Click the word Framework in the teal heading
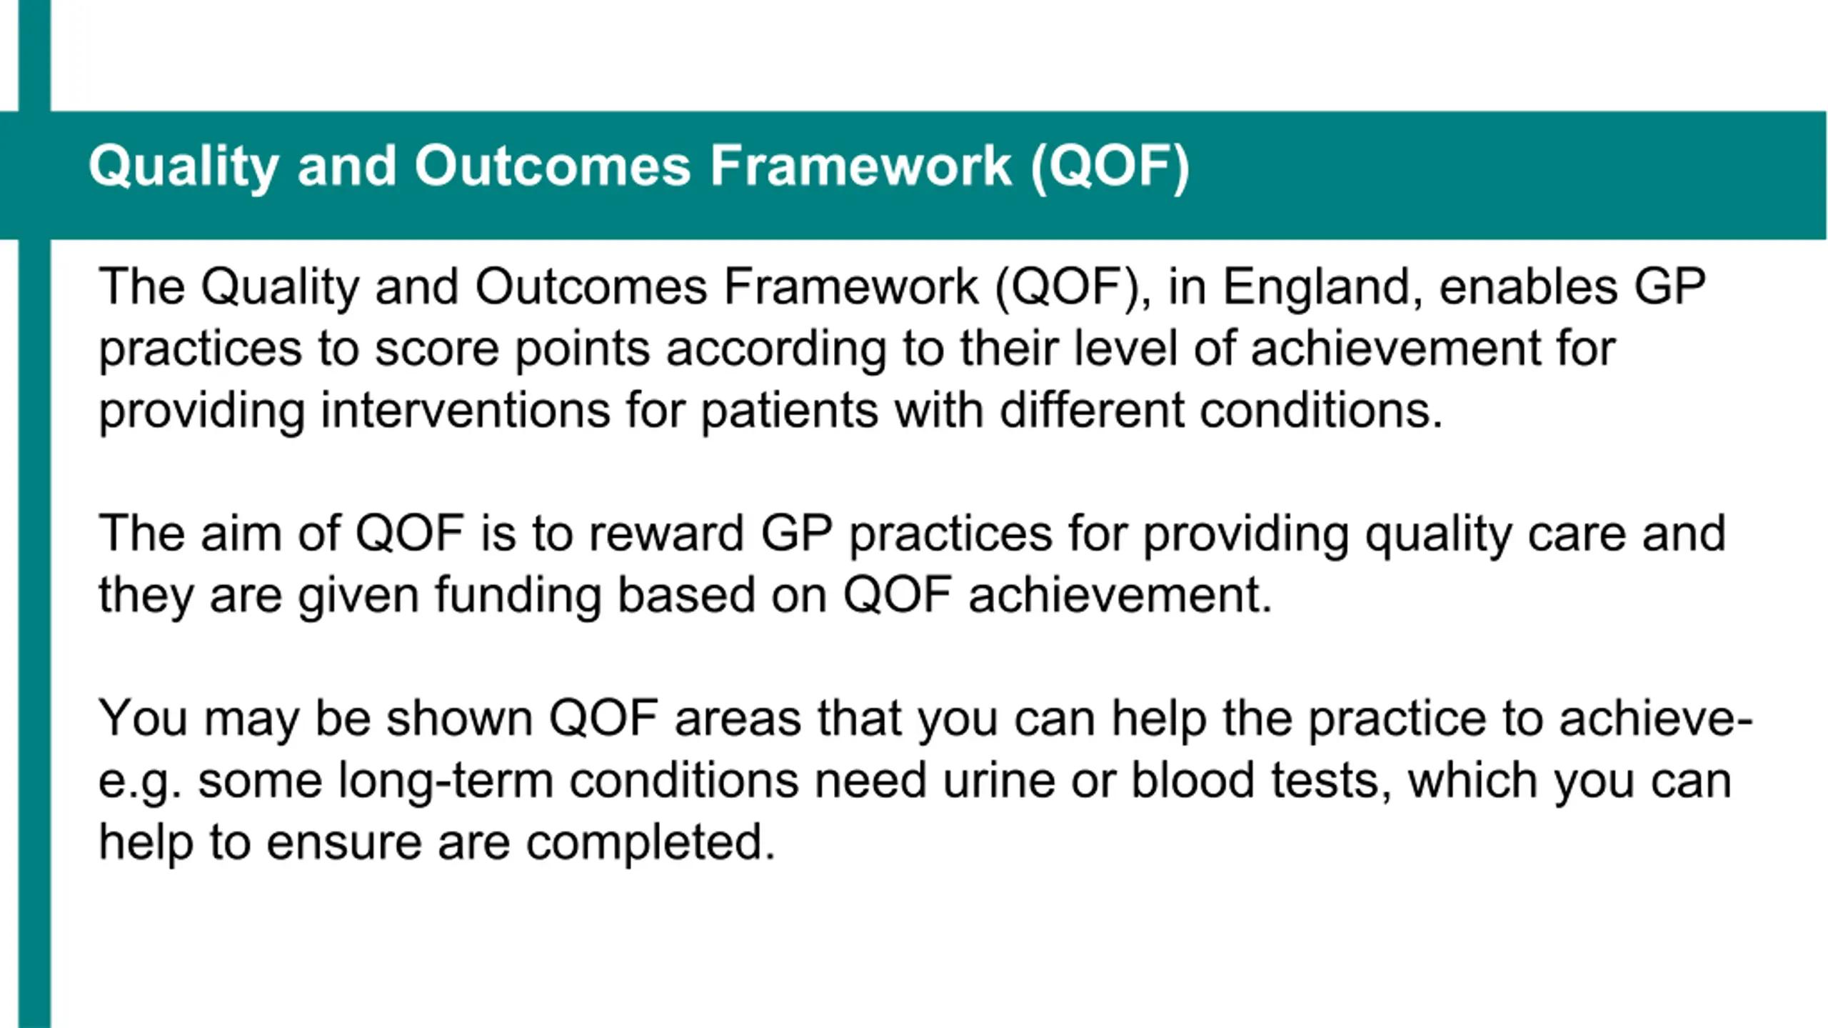860,166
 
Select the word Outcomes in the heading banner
553,166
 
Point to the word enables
1529,286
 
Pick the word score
436,350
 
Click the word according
776,350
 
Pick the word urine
998,781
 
